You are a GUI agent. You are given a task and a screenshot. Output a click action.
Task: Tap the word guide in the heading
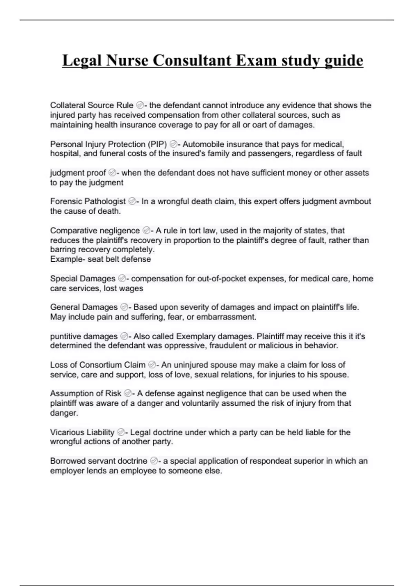point(344,60)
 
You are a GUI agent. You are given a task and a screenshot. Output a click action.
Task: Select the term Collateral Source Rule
point(92,105)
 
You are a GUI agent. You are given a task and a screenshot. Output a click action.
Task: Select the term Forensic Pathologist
point(88,201)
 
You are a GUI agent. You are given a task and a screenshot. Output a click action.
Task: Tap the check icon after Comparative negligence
point(146,230)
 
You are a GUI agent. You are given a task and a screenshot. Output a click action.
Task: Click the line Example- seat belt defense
point(100,259)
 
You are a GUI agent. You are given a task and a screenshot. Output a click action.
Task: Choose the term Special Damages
point(83,279)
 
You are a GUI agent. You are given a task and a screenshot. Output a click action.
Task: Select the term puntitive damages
point(84,336)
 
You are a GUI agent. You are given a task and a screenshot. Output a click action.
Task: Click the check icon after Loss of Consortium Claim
point(152,365)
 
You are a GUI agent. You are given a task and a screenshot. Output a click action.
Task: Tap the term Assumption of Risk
point(86,393)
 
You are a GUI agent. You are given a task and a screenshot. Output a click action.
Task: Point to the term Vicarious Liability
point(82,432)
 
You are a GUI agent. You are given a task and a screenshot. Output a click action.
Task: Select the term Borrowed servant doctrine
point(99,461)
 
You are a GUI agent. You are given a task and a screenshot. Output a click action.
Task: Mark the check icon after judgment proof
point(112,173)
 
